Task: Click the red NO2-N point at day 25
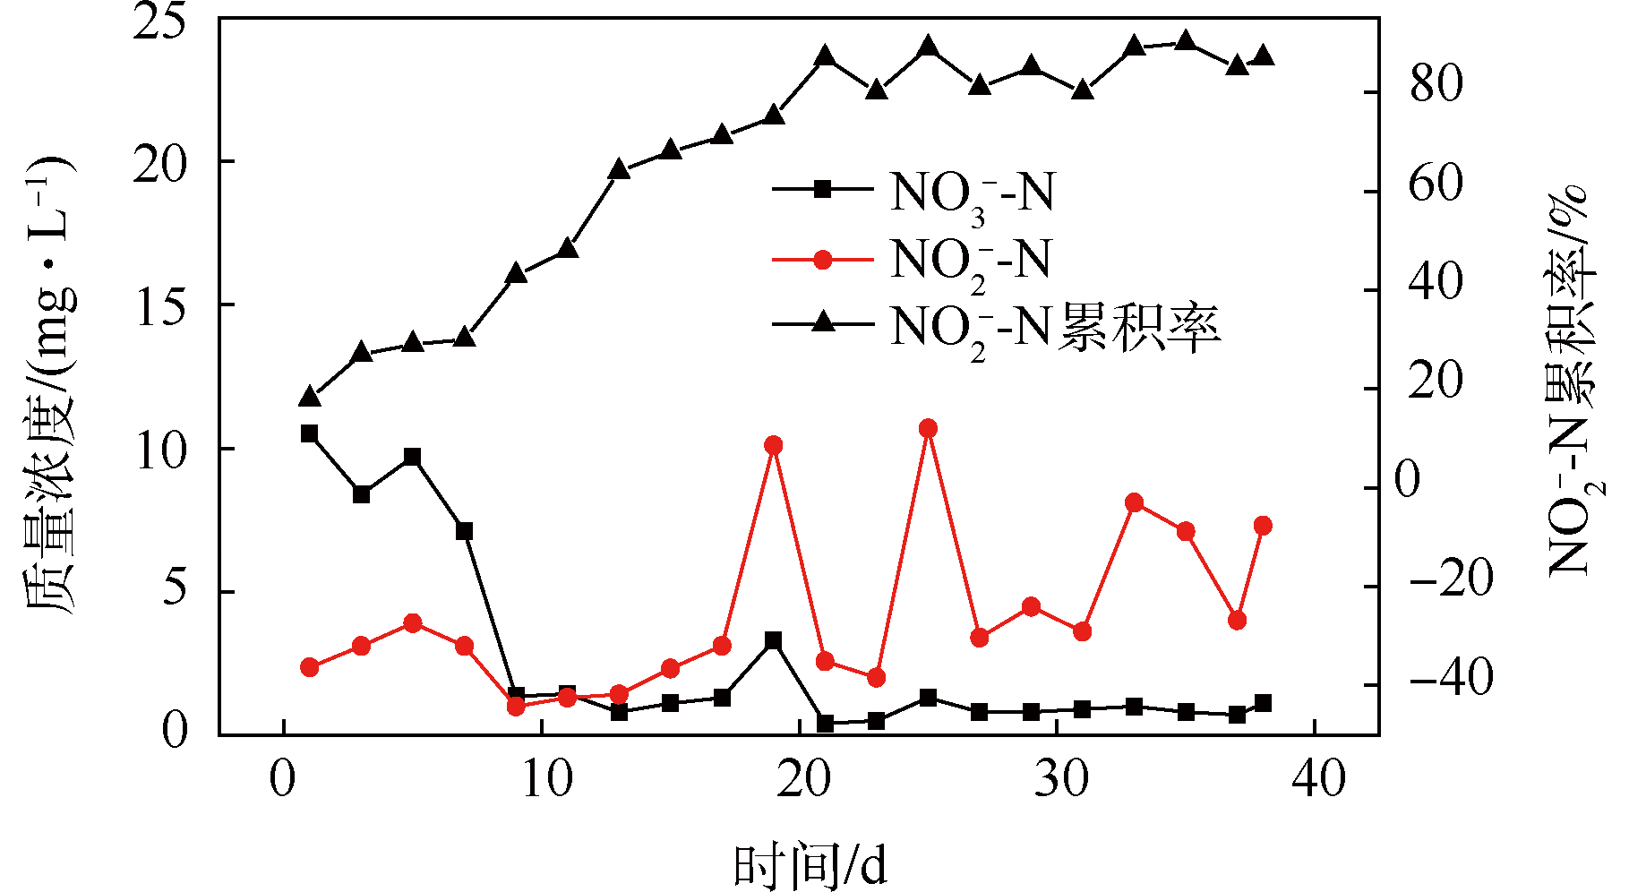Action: pyautogui.click(x=928, y=429)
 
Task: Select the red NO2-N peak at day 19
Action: pyautogui.click(x=774, y=446)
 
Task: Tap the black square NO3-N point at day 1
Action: pyautogui.click(x=310, y=433)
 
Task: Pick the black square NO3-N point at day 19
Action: pyautogui.click(x=774, y=640)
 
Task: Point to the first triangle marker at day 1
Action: pyautogui.click(x=310, y=397)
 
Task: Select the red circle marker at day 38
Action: pyautogui.click(x=1263, y=526)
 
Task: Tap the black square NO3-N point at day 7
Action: pyautogui.click(x=464, y=531)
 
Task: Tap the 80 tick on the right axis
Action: pyautogui.click(x=1436, y=85)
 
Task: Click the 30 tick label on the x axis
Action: pyautogui.click(x=1061, y=779)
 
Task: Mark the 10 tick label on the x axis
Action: pyautogui.click(x=546, y=779)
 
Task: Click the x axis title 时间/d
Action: pyautogui.click(x=810, y=864)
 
